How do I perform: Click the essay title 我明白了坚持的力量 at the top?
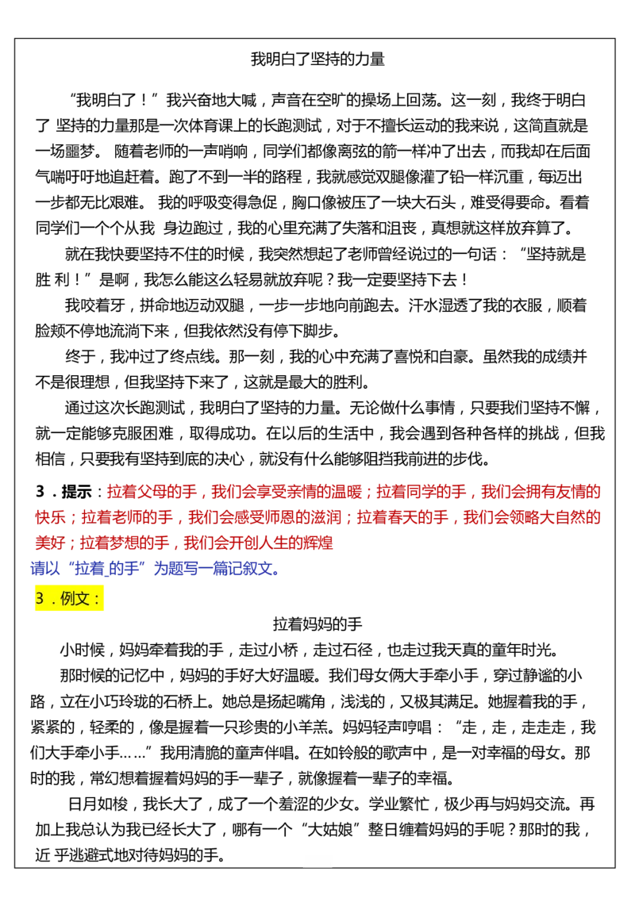click(317, 59)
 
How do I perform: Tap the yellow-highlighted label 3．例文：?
click(69, 598)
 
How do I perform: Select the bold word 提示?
click(77, 491)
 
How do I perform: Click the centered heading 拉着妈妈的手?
click(317, 624)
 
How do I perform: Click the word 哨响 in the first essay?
click(233, 152)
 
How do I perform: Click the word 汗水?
click(424, 305)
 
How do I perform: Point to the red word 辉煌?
click(317, 543)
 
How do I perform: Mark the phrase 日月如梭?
click(98, 804)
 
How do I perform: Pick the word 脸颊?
click(51, 331)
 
